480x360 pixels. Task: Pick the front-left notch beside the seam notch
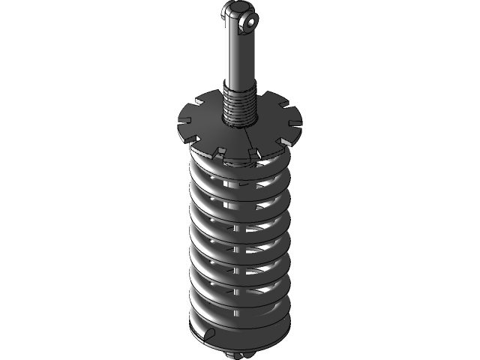click(220, 152)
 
